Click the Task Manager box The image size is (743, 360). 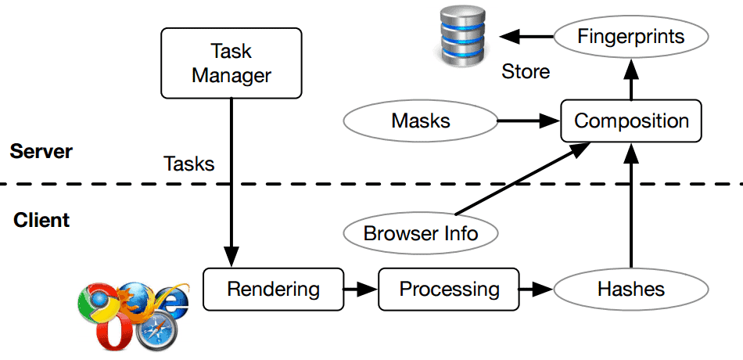(x=232, y=63)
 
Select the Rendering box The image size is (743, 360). (x=273, y=289)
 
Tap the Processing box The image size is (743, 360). (x=449, y=289)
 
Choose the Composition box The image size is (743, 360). (x=630, y=121)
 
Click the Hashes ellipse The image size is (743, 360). (x=630, y=289)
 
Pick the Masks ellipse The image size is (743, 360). (x=420, y=121)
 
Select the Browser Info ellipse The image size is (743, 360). (x=421, y=232)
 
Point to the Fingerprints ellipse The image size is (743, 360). (x=630, y=36)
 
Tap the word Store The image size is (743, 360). (x=526, y=72)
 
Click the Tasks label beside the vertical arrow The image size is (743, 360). (x=188, y=164)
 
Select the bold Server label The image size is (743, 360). (x=41, y=151)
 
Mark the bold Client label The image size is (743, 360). (x=41, y=220)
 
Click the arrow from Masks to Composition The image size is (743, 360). (x=529, y=121)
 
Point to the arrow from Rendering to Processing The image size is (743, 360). (x=361, y=289)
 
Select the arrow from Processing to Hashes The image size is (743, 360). (x=537, y=289)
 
